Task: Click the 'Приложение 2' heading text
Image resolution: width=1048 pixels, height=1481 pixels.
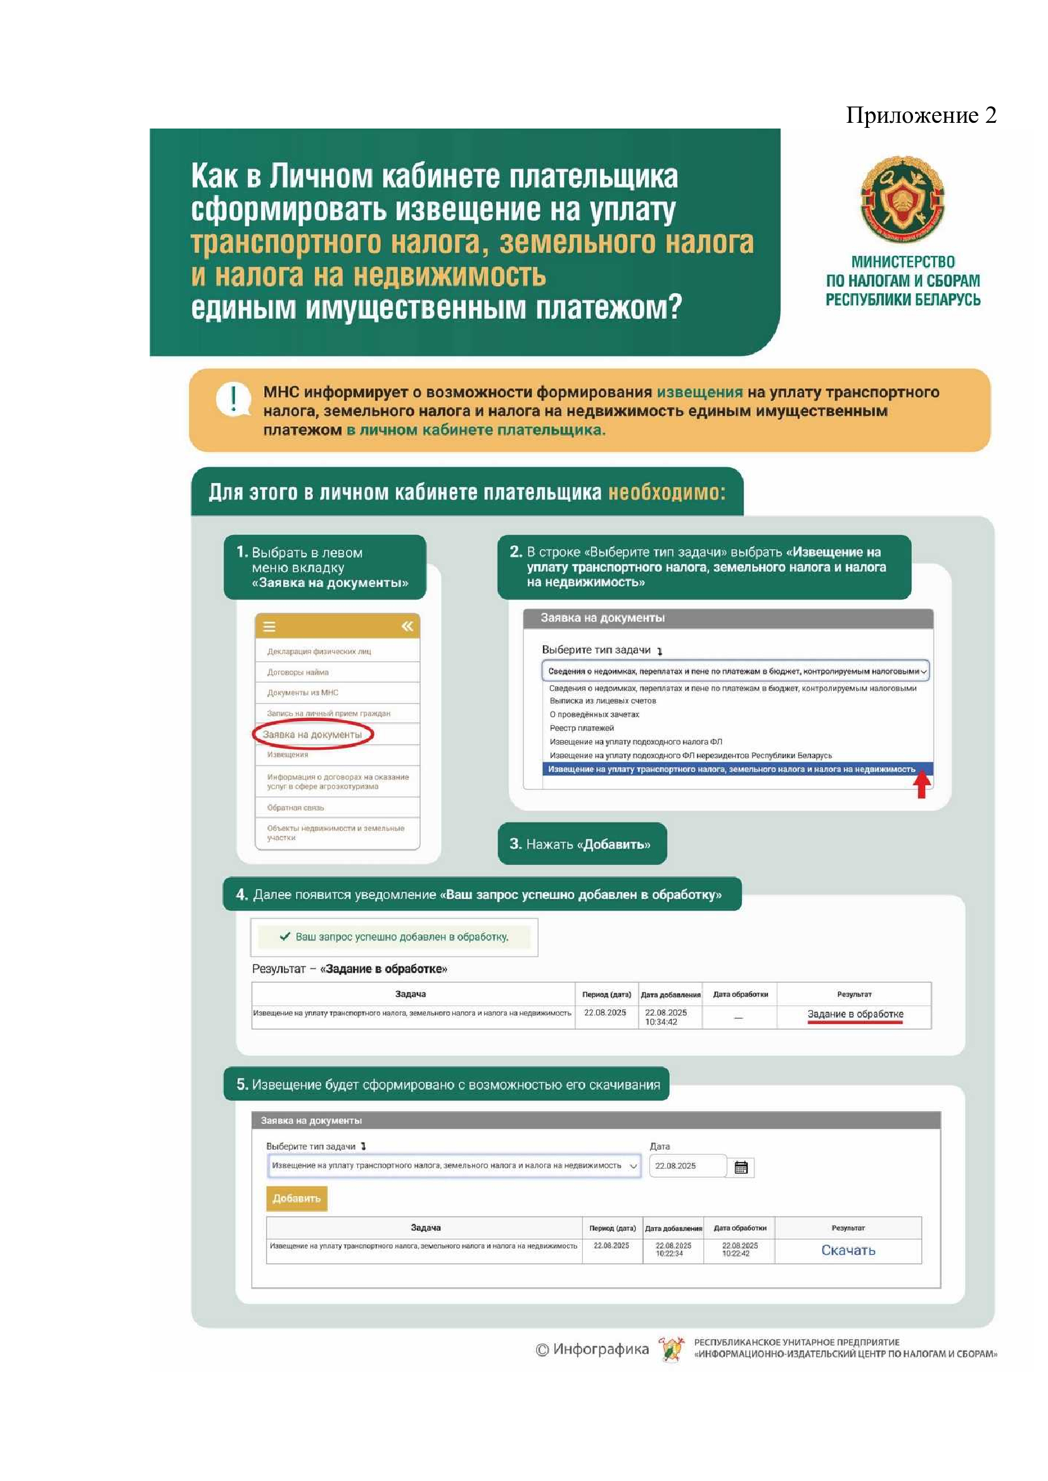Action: point(921,115)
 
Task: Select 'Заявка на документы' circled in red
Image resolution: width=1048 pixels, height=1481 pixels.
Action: point(312,734)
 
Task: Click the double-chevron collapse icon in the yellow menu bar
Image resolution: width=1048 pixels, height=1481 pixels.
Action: point(407,626)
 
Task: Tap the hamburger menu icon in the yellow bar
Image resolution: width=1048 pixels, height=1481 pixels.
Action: point(270,626)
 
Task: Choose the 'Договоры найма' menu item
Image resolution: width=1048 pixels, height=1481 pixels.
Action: point(298,672)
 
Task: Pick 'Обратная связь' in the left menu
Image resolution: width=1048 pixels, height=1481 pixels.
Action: point(295,807)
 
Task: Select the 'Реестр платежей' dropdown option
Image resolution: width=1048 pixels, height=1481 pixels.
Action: point(582,728)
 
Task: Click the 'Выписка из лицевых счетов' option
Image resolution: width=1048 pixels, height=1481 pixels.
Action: point(602,700)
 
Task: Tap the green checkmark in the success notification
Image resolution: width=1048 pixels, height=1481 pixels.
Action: point(284,936)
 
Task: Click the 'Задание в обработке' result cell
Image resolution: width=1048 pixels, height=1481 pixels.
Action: point(855,1014)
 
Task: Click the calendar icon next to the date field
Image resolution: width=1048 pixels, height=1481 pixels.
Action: point(741,1168)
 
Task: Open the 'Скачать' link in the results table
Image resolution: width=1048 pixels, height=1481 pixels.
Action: point(848,1250)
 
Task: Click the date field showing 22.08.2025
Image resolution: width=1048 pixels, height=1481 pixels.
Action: point(686,1166)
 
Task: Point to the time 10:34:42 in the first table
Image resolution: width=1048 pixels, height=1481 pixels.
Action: point(661,1022)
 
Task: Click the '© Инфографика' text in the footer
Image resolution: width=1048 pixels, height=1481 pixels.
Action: point(592,1349)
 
